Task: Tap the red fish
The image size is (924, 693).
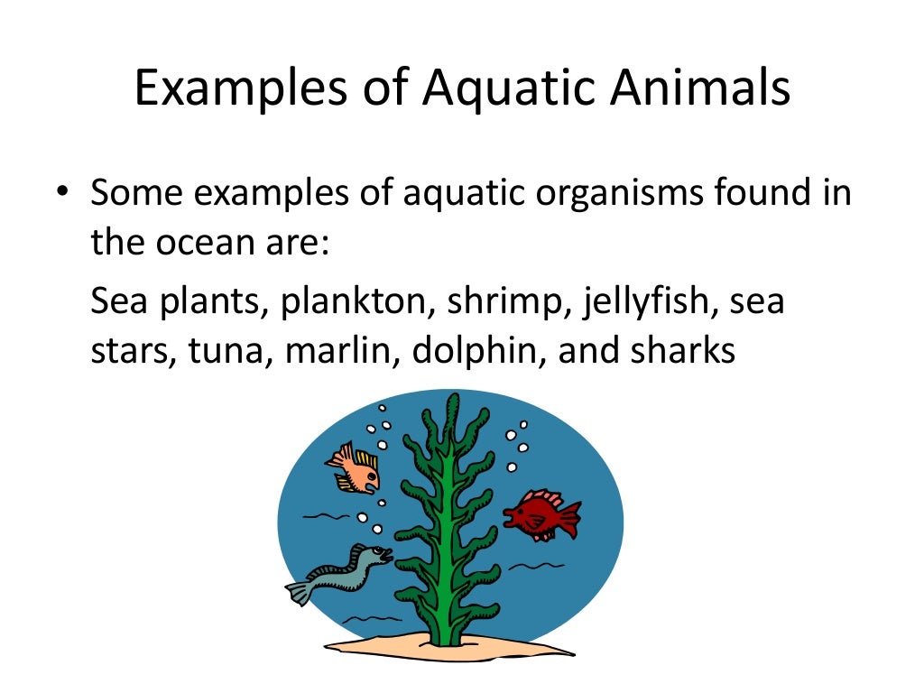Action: pos(541,513)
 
